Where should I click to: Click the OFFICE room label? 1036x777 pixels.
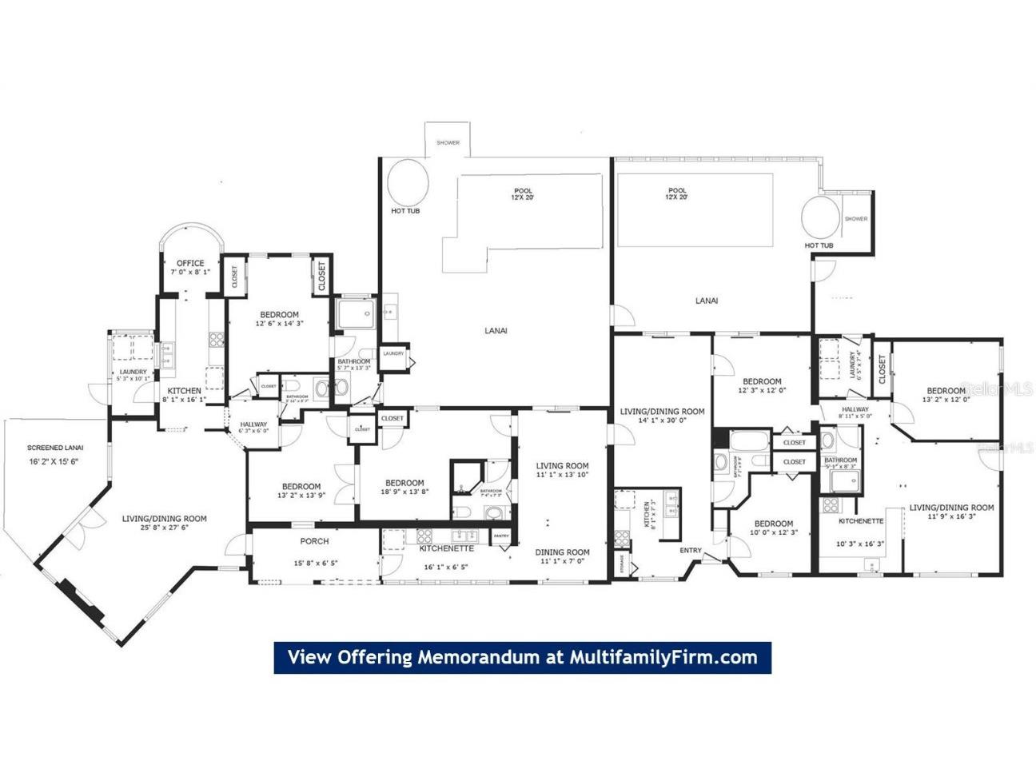tap(190, 263)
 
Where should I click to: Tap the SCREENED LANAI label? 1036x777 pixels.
tap(55, 448)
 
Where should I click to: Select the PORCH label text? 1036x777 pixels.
tap(314, 541)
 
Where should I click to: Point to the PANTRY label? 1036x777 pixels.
tap(501, 536)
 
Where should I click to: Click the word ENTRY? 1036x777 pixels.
tap(691, 550)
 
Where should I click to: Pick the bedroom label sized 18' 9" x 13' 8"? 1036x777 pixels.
tap(404, 483)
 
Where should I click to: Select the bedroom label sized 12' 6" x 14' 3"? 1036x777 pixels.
tap(279, 315)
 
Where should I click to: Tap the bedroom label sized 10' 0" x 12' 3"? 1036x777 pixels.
tap(773, 524)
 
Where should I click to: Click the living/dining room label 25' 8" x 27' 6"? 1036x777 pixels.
tap(164, 519)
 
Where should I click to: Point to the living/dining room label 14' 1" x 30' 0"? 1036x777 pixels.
tap(662, 412)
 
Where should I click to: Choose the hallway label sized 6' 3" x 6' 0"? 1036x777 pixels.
tap(254, 425)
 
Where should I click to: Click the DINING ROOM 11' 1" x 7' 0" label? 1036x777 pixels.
tap(562, 552)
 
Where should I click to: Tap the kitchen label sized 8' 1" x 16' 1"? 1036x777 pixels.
tap(184, 391)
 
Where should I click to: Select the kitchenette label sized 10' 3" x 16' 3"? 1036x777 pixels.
tap(861, 521)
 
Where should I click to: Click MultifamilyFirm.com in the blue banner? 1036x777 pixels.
tap(663, 657)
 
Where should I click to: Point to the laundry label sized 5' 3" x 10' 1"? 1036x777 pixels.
tap(133, 372)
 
